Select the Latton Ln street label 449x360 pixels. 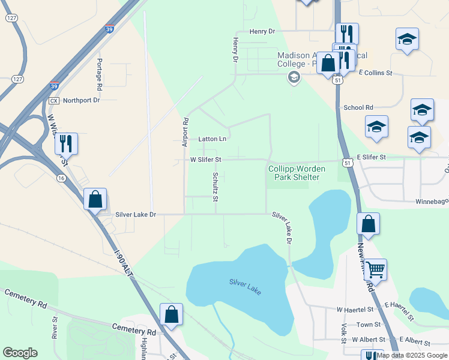(212, 139)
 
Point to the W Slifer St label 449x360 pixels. (206, 160)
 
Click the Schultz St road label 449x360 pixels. (215, 187)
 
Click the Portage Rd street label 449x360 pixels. (100, 71)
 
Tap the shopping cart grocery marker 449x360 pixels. (375, 270)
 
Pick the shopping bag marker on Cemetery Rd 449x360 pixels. (171, 314)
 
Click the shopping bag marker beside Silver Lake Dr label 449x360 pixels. (95, 199)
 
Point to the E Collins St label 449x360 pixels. (375, 73)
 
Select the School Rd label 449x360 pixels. (358, 107)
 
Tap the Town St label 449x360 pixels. (369, 325)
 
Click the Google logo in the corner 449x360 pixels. (20, 353)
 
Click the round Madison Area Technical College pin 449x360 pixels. (294, 77)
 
